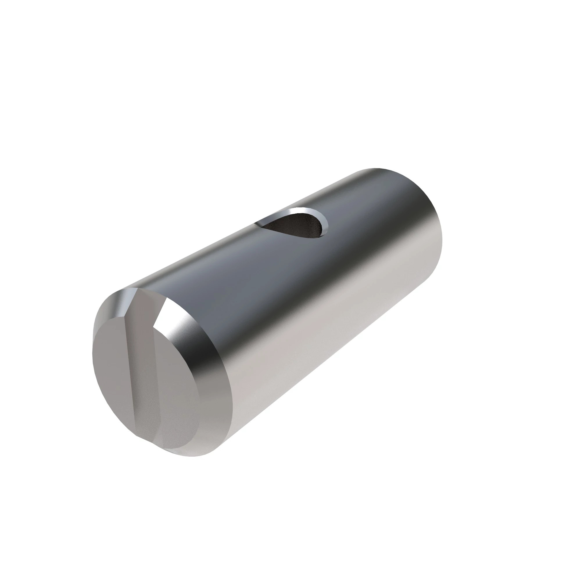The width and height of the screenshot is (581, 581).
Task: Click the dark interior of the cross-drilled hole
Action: pyautogui.click(x=296, y=226)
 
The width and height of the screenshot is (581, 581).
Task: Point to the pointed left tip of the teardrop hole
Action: pyautogui.click(x=258, y=223)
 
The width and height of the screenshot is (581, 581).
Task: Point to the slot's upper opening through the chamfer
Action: pyautogui.click(x=144, y=298)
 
